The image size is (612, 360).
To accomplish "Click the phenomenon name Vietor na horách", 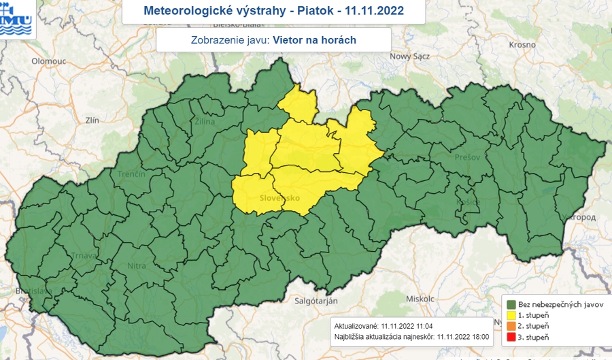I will pos(313,40).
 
